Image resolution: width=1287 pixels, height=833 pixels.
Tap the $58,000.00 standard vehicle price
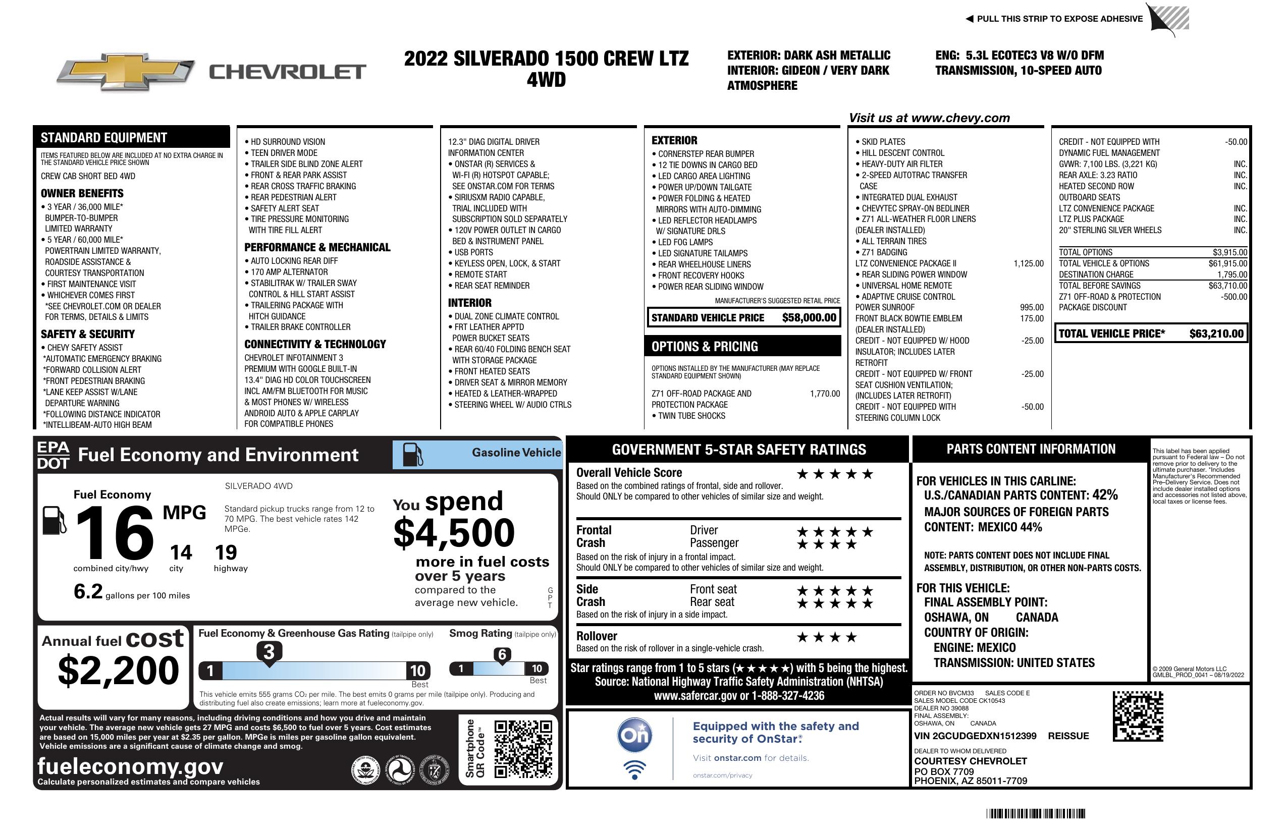[809, 318]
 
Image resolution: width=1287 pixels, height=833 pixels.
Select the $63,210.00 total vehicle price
[1216, 334]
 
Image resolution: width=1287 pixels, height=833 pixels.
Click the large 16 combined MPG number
[115, 533]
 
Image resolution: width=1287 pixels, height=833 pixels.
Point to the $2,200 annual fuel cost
[119, 671]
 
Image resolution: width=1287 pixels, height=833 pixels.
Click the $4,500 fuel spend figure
[454, 533]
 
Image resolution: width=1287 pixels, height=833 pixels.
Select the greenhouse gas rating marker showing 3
[269, 652]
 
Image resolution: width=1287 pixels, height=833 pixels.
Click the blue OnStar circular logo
[635, 735]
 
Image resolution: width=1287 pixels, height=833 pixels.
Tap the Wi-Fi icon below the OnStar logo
[634, 769]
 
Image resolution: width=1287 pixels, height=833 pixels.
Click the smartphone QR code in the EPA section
[523, 748]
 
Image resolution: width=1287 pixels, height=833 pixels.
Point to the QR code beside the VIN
[1138, 716]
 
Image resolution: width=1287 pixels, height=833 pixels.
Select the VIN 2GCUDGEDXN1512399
[975, 736]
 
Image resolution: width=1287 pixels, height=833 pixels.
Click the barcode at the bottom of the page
[1035, 813]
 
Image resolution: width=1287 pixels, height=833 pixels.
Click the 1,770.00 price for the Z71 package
[825, 394]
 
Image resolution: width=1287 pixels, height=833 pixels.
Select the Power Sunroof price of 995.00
[1031, 308]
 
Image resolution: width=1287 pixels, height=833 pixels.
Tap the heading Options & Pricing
[704, 347]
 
